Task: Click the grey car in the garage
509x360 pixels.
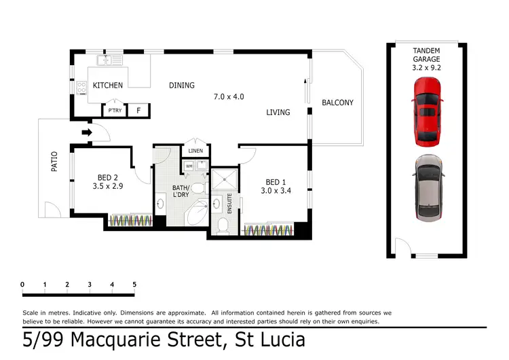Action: click(x=428, y=188)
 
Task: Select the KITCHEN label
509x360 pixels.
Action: click(x=108, y=86)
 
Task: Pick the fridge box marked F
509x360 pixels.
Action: click(x=138, y=110)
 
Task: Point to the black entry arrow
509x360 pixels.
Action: click(x=87, y=132)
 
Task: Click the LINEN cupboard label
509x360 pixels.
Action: click(x=195, y=151)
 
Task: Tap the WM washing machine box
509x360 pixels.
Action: click(x=188, y=165)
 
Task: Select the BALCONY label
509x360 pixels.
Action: click(x=337, y=103)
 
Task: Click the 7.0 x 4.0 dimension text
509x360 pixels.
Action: click(x=229, y=97)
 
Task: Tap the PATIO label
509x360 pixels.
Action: click(x=54, y=163)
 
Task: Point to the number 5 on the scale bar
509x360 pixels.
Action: click(x=134, y=284)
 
